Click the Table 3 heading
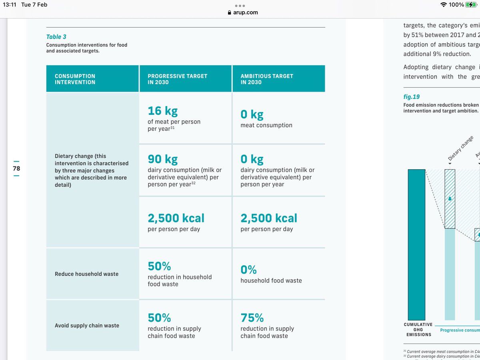click(56, 37)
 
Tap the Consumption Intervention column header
click(75, 79)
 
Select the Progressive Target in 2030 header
click(177, 79)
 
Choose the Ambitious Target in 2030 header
click(267, 79)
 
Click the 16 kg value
click(162, 111)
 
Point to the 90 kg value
click(162, 159)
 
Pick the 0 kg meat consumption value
click(252, 114)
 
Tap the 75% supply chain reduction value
click(252, 318)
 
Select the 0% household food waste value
click(248, 270)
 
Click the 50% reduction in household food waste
click(159, 266)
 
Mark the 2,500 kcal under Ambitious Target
click(269, 218)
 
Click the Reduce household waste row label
click(86, 274)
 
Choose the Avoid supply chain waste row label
click(87, 326)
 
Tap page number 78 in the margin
click(16, 168)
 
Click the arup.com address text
click(245, 12)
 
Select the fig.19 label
click(411, 97)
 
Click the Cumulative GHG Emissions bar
click(416, 244)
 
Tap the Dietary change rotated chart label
click(460, 149)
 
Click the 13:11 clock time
click(13, 5)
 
